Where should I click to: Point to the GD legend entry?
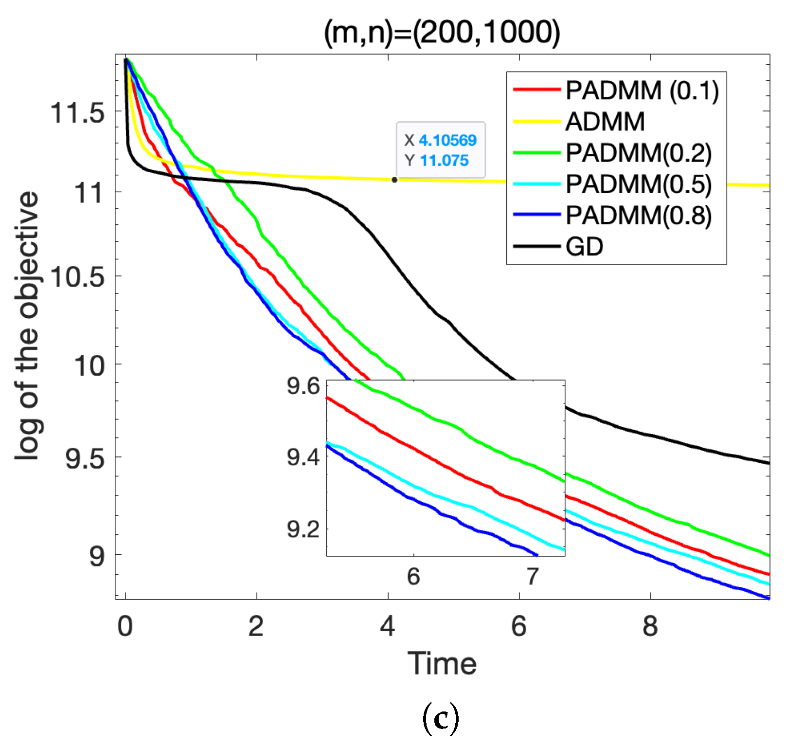(584, 247)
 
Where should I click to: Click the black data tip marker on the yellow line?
(394, 180)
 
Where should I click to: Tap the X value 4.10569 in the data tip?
(447, 141)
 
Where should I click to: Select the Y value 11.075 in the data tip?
(444, 161)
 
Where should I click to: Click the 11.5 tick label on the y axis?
(77, 113)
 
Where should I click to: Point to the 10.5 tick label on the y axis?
(77, 277)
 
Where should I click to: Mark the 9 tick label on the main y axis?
(96, 556)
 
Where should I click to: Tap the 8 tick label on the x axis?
(650, 626)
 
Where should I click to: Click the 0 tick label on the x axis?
(125, 626)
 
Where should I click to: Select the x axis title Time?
(442, 664)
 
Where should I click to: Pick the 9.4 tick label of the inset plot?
(303, 457)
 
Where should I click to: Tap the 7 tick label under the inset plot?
(533, 577)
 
